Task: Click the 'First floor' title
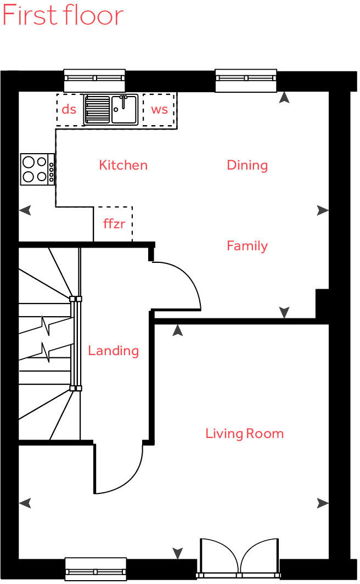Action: (x=63, y=15)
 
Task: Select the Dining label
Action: (x=247, y=165)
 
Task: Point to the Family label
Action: (x=247, y=246)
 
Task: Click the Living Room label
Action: (x=244, y=434)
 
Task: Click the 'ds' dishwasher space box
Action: (x=69, y=109)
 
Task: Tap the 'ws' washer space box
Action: (x=159, y=109)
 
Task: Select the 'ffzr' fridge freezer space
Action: (x=114, y=224)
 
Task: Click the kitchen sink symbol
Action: (x=111, y=109)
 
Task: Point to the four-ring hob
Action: (x=37, y=169)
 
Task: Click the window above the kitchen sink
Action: (x=94, y=80)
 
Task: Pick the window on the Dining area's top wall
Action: (x=245, y=80)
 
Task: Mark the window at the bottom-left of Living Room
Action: (x=95, y=569)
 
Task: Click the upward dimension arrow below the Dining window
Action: (x=284, y=98)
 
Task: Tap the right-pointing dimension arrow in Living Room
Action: (x=323, y=503)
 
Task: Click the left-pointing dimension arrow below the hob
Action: (x=25, y=210)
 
